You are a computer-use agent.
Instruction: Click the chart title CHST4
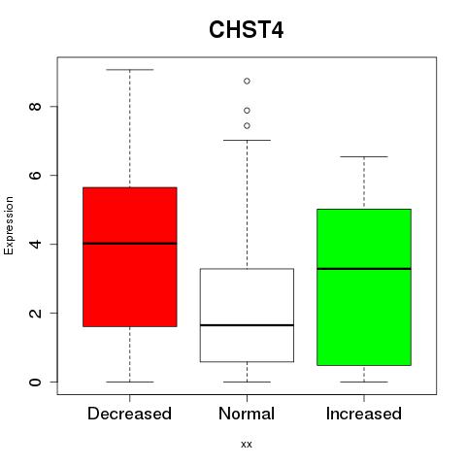pos(247,30)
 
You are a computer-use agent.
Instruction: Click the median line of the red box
pos(130,244)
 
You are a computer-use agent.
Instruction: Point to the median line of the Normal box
pos(247,325)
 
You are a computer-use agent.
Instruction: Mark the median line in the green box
pos(364,269)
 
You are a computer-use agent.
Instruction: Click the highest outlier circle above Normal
pos(247,81)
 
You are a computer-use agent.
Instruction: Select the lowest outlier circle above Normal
pos(247,125)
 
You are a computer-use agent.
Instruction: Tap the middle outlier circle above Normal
pos(247,111)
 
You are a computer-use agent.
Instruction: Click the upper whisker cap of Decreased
pos(130,70)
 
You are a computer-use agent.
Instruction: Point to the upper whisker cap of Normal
pos(247,140)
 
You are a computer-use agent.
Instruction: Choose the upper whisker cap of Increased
pos(364,156)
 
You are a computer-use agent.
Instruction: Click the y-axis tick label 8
pos(35,107)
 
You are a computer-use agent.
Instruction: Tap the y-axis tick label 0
pos(35,382)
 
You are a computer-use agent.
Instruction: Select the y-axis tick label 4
pos(35,244)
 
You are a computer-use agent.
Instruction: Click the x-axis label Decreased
pos(129,414)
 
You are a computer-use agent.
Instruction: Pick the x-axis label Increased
pos(364,414)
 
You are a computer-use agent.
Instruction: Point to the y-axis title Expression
pos(9,225)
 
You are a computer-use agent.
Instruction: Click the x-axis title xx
pos(247,444)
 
